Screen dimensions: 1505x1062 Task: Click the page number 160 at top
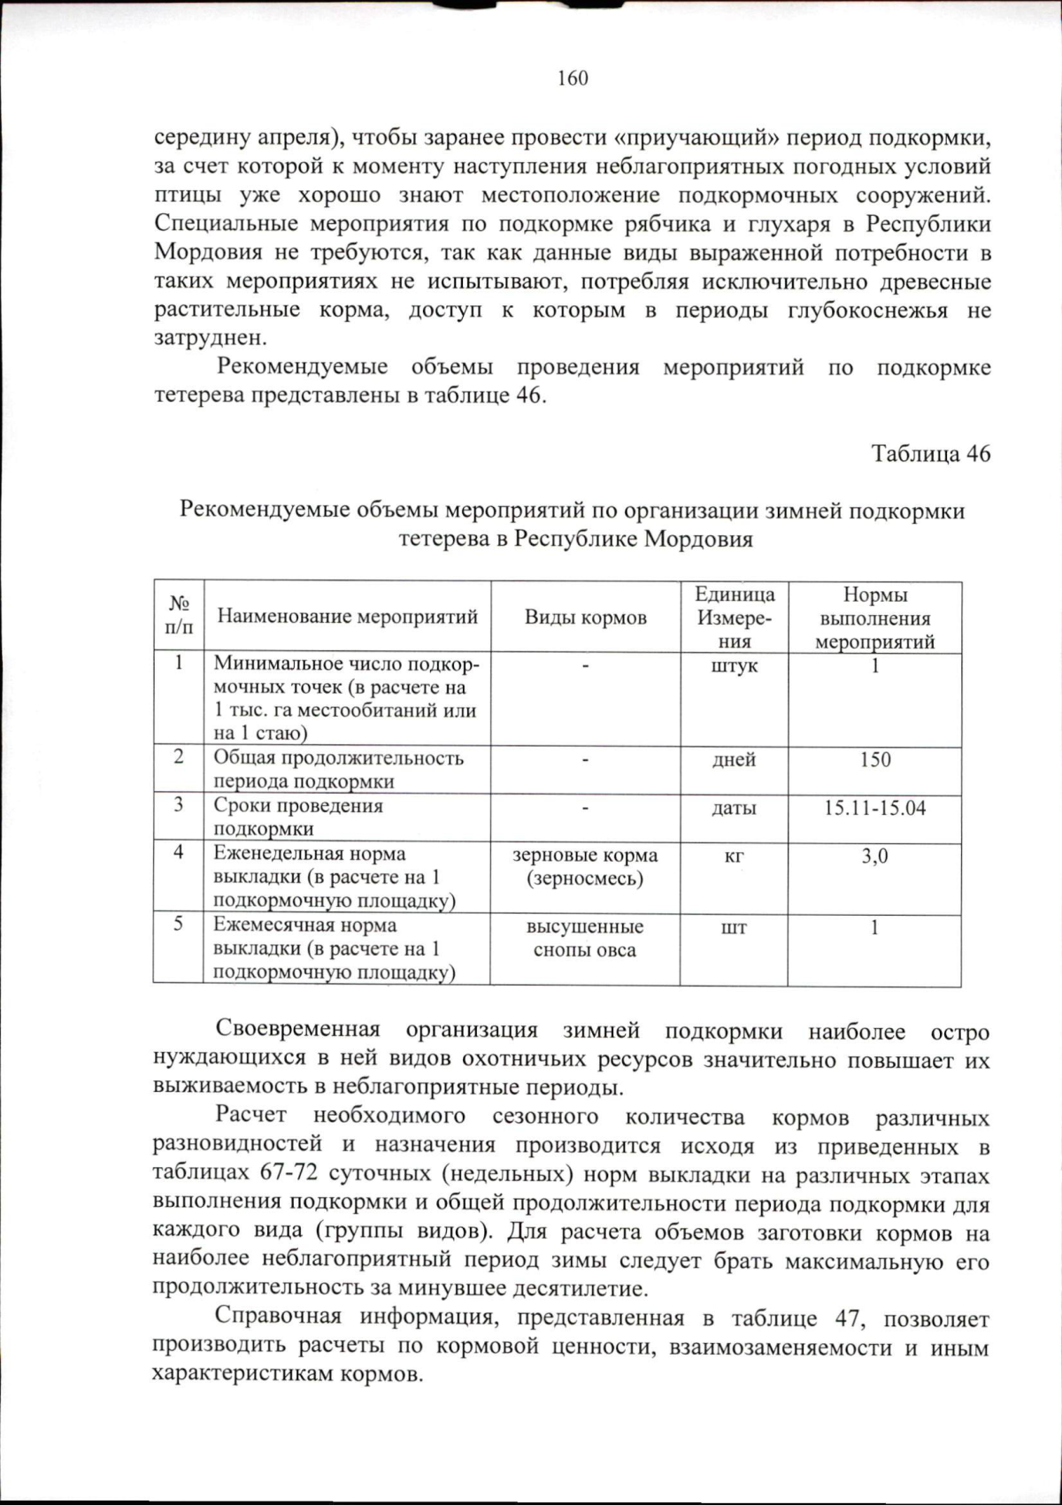pos(573,79)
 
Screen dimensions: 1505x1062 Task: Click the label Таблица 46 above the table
pos(930,454)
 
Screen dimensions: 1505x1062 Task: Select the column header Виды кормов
pos(585,618)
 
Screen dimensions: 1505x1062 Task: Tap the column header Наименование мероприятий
pos(347,617)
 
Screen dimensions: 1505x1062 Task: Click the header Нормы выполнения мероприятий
pos(874,618)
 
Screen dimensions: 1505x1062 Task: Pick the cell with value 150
pos(874,760)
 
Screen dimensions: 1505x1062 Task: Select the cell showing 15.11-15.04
pos(874,808)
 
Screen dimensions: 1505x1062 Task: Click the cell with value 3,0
pos(874,856)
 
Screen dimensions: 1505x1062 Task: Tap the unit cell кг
pos(734,856)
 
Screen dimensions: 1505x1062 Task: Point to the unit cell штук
pos(734,666)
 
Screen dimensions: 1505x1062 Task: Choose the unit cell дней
pos(734,760)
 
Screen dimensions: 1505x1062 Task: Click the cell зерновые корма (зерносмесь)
pos(585,867)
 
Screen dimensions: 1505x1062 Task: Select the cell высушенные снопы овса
pos(585,939)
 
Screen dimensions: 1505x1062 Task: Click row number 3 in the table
pos(179,805)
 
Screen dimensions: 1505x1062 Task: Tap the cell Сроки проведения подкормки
pos(298,818)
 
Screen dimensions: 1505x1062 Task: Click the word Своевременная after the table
pos(298,1030)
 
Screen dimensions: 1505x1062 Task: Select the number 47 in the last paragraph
pos(847,1318)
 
